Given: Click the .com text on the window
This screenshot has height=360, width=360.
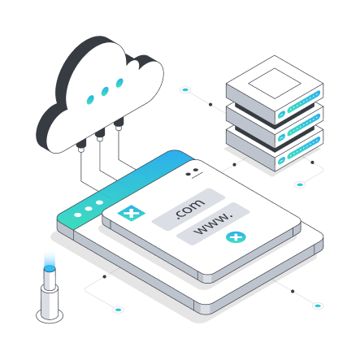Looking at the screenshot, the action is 189,208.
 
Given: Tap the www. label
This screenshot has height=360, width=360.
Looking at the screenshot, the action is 214,224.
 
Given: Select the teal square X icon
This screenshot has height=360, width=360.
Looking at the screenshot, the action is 131,213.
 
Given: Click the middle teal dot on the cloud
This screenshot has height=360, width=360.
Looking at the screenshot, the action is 105,91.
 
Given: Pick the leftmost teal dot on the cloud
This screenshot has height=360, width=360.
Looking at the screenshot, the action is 90,100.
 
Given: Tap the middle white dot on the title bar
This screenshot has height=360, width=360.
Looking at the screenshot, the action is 89,209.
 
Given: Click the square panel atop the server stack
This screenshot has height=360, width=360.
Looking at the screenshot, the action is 275,84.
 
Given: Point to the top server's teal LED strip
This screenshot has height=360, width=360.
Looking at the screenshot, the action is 304,102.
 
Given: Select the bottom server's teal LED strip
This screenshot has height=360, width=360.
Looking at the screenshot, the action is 304,148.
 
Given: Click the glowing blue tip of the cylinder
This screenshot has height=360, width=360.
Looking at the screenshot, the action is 50,268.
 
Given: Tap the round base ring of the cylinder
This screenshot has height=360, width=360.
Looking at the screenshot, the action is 50,316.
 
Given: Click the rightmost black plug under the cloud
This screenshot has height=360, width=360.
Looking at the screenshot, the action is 119,123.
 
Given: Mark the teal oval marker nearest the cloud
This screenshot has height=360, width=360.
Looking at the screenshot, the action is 185,89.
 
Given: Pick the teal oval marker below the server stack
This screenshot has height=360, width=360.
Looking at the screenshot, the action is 300,184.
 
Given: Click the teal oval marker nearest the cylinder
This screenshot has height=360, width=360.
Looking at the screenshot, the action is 118,310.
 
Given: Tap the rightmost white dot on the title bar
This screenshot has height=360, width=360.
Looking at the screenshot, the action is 99,202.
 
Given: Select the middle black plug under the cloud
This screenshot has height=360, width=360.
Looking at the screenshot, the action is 100,133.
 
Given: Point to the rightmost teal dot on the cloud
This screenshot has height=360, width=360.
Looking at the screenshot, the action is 119,83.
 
